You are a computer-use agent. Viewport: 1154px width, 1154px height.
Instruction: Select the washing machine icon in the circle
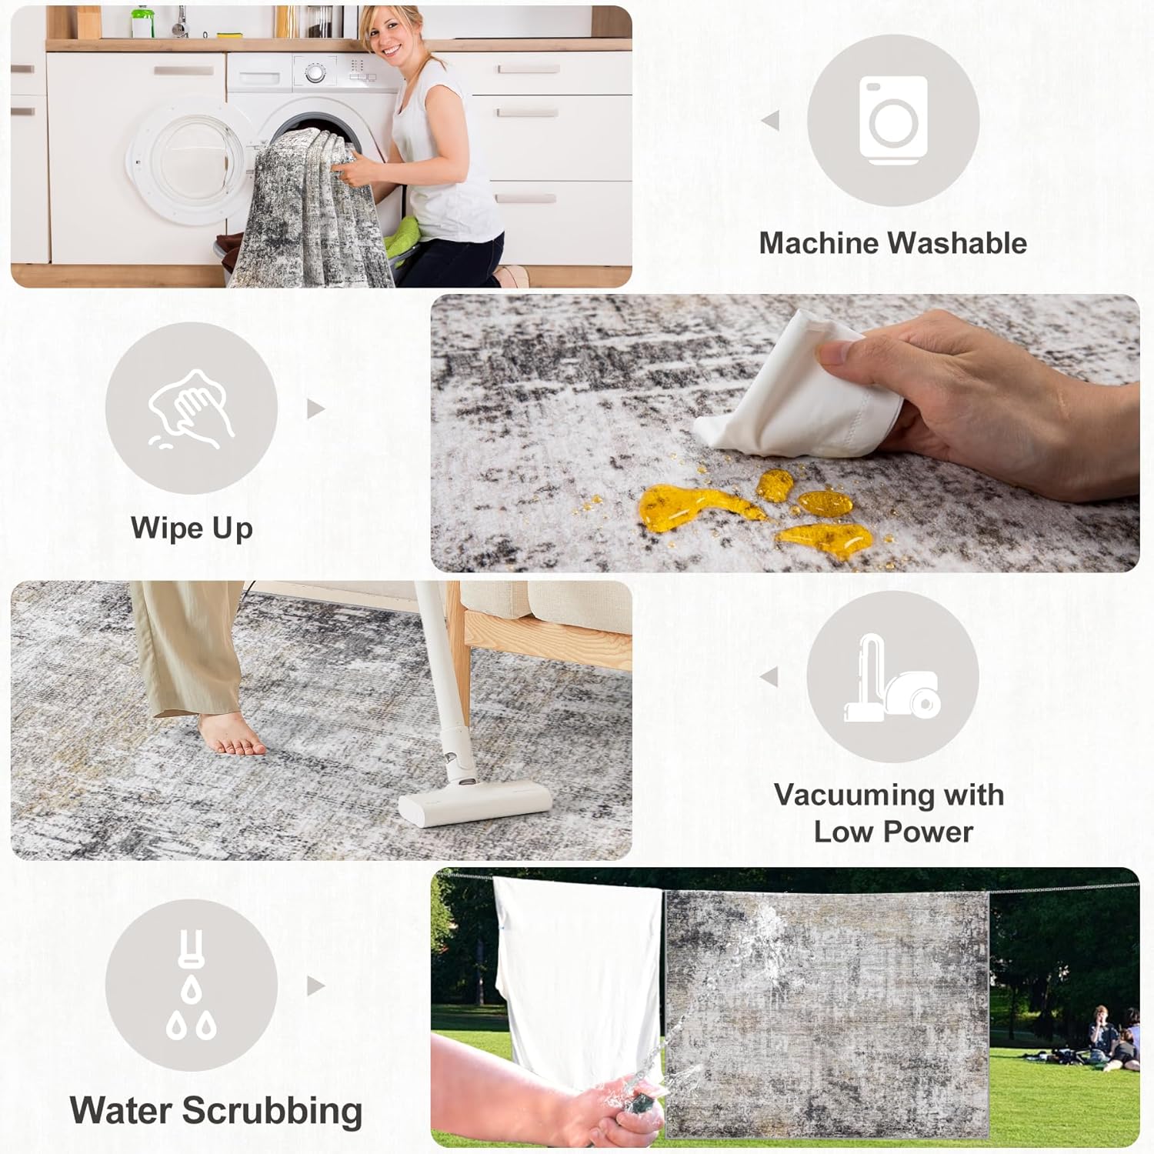(x=893, y=121)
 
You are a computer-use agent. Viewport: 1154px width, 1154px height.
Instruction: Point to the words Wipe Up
(x=192, y=529)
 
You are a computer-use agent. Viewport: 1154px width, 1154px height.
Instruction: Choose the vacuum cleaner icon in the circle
(x=892, y=678)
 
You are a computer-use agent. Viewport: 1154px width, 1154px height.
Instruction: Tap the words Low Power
(x=893, y=832)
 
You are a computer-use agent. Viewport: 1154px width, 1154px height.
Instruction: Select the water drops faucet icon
(x=192, y=985)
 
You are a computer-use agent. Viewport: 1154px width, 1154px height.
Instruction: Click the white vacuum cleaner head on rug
(x=475, y=802)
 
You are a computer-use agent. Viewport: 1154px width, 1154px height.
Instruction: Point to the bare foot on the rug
(x=232, y=734)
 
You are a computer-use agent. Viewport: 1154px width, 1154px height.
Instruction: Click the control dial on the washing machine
(x=315, y=73)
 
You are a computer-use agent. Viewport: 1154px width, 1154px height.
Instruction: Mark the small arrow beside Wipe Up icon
(x=315, y=409)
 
